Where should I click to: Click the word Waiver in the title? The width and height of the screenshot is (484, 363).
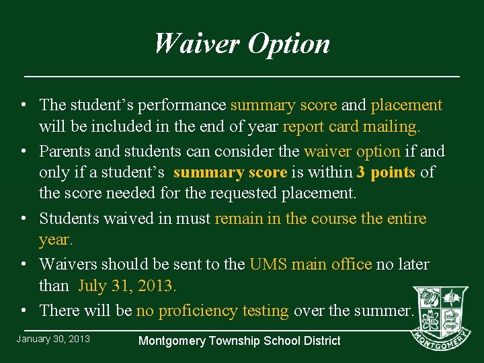pos(197,44)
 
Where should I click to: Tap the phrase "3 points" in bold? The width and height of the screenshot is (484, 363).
pos(386,173)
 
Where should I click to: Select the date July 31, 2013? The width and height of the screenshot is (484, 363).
pos(127,286)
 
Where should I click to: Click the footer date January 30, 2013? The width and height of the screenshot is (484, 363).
pos(53,339)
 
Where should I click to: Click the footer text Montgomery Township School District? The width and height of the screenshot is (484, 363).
pos(239,341)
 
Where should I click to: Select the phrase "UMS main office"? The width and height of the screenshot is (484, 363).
pos(311,264)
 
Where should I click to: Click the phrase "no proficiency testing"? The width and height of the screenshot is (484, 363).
pos(212,311)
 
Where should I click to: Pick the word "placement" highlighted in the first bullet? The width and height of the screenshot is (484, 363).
pos(406,106)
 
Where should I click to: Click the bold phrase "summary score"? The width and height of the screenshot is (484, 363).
pos(230,173)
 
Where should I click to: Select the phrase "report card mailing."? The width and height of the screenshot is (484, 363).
pos(352,126)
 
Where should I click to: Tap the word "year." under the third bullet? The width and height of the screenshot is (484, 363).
pos(56,240)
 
